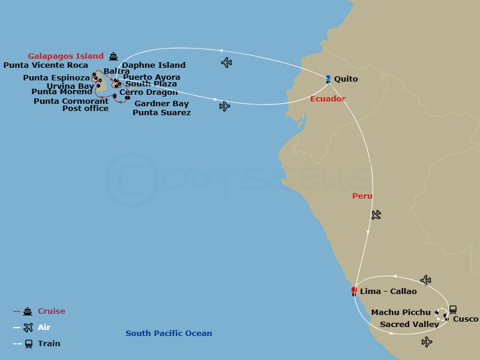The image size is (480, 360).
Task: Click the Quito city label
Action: tap(346, 79)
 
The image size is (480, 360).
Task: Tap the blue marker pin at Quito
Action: tap(328, 78)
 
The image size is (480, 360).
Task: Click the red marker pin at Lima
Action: tap(354, 292)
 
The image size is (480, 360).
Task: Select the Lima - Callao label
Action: tap(388, 292)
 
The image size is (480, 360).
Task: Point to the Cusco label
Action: tap(466, 319)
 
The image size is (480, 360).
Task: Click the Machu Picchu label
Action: tap(401, 313)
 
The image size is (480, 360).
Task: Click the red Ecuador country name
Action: tap(328, 98)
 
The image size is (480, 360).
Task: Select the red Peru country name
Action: tap(362, 196)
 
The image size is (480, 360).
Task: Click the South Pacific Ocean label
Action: tap(169, 334)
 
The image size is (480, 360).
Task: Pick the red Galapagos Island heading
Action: tap(67, 56)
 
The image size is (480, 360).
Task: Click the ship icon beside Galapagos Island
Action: tap(114, 56)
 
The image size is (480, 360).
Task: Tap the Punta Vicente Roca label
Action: tap(46, 65)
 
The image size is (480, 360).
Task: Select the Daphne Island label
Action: tap(154, 65)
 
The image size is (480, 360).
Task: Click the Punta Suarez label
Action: tap(161, 113)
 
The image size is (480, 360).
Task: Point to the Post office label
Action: tap(85, 109)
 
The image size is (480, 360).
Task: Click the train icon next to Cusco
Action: tap(453, 310)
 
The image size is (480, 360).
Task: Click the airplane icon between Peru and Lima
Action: tap(376, 214)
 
